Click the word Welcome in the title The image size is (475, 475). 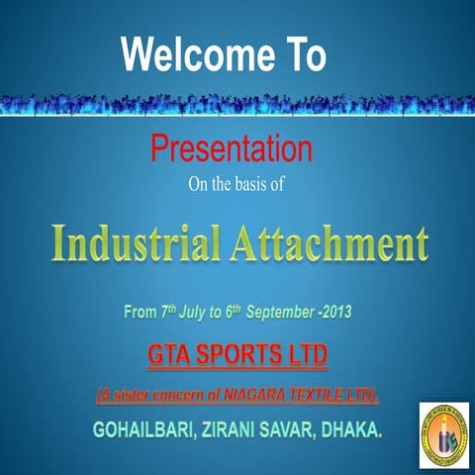[x=198, y=53]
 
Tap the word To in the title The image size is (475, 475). [x=305, y=53]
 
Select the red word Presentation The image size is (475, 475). [x=232, y=148]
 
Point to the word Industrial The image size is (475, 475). [x=136, y=243]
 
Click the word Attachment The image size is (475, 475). [x=330, y=243]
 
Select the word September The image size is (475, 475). [x=280, y=313]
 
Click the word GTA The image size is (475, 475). [x=169, y=354]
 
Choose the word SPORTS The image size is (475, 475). [x=236, y=354]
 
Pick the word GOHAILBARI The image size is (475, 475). [x=143, y=429]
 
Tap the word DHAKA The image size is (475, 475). [x=351, y=429]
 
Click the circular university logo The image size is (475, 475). [x=444, y=434]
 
